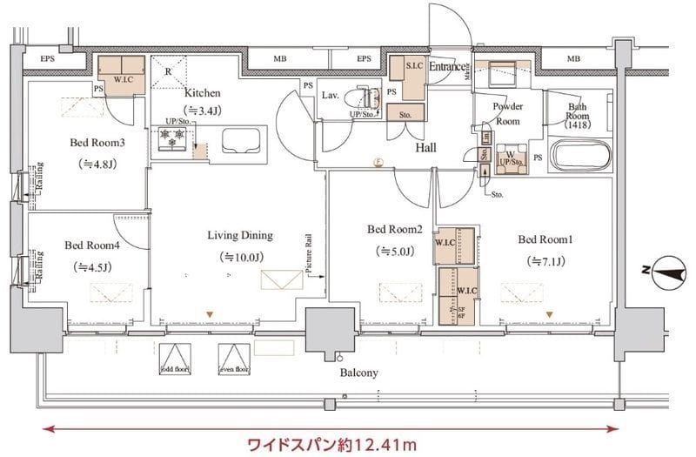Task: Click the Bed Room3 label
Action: pos(92,143)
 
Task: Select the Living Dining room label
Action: pos(240,235)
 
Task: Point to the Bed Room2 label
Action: pos(394,230)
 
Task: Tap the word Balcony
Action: pos(359,373)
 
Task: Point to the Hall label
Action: pos(425,148)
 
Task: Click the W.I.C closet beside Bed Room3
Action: pos(121,69)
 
